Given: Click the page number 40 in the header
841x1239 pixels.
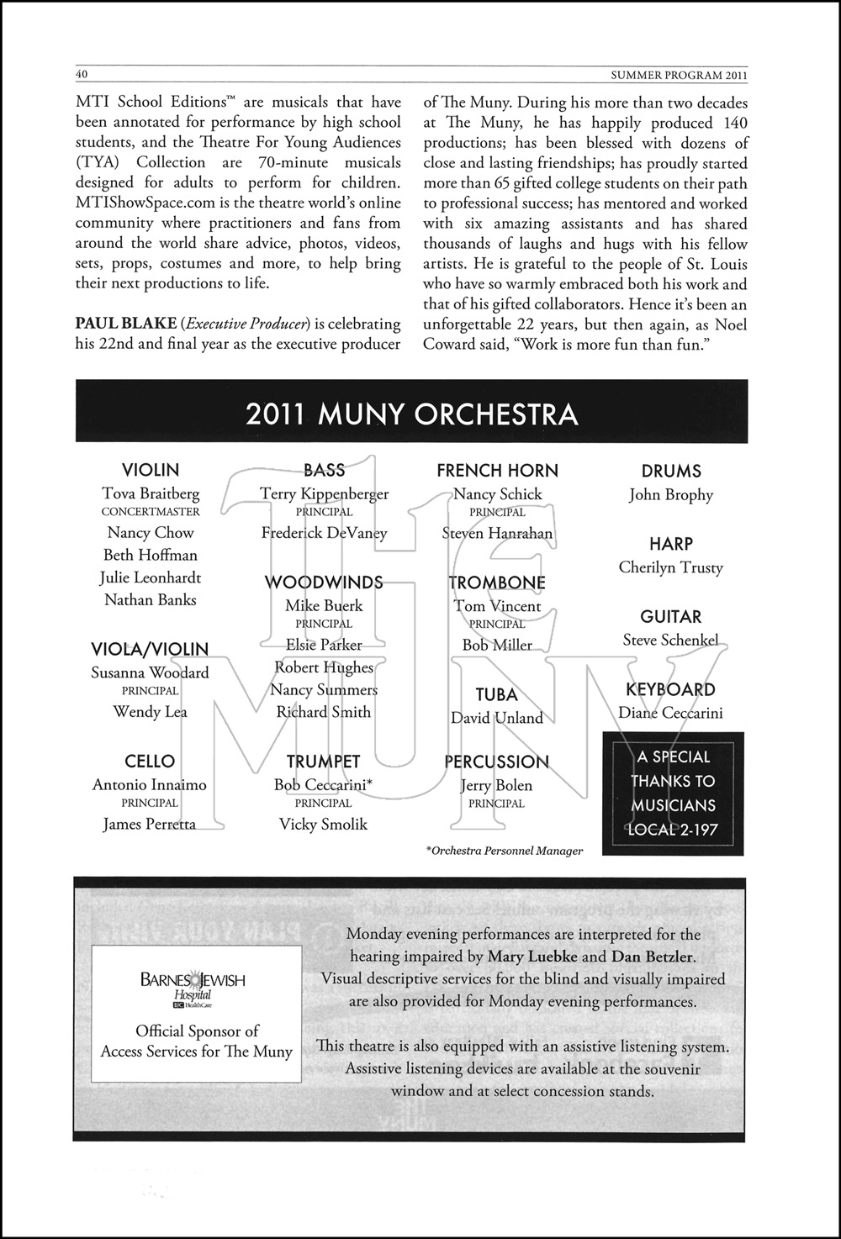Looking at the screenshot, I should [82, 74].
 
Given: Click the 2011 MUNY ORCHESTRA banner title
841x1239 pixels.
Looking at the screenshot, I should [411, 414].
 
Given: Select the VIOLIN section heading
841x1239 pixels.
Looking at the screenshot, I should [151, 470].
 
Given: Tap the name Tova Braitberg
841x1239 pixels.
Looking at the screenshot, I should [151, 493].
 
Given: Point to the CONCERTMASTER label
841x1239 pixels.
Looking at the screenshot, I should [151, 512].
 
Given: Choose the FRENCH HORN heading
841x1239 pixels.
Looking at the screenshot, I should [497, 471].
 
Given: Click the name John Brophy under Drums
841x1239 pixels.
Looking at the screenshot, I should [670, 495].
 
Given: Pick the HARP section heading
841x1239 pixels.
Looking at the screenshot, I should [670, 544].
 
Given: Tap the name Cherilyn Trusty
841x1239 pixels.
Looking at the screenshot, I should [670, 567].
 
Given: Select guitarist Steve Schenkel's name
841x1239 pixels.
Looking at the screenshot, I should [670, 641].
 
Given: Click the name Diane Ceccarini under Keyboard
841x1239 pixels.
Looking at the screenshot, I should [670, 714].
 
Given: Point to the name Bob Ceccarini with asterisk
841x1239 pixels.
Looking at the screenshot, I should [323, 785].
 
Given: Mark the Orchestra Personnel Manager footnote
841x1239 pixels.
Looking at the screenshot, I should [505, 851].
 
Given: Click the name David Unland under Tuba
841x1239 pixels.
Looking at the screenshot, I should [496, 718].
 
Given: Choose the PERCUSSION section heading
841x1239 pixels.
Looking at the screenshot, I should [496, 762].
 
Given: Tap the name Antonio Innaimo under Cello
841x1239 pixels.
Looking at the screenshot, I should [150, 785].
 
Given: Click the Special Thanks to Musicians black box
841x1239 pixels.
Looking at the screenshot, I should [673, 793].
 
